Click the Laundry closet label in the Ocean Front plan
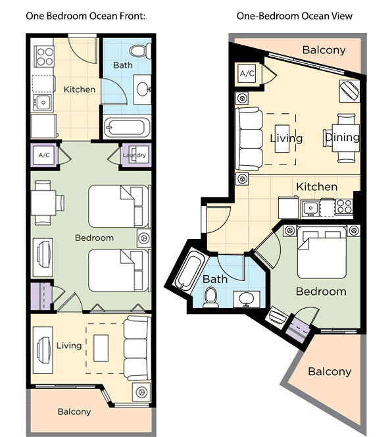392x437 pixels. click(134, 155)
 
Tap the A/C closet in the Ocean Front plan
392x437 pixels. click(44, 155)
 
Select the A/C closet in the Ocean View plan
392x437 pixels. click(247, 73)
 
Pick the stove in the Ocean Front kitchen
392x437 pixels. click(44, 57)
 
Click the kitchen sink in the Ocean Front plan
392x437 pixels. click(43, 103)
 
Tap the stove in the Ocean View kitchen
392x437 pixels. click(345, 207)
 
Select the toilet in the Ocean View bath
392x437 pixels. click(210, 297)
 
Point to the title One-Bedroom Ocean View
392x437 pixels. click(295, 16)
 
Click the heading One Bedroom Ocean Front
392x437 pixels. click(86, 16)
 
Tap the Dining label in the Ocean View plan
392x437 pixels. click(343, 137)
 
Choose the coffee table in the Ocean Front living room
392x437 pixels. click(101, 348)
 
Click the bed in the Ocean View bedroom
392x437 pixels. click(322, 253)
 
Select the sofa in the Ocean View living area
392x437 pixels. click(249, 139)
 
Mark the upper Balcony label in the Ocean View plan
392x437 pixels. click(324, 50)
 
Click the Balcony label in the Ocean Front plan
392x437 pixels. click(74, 412)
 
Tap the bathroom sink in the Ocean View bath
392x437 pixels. click(246, 299)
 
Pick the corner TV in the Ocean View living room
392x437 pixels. click(349, 91)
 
